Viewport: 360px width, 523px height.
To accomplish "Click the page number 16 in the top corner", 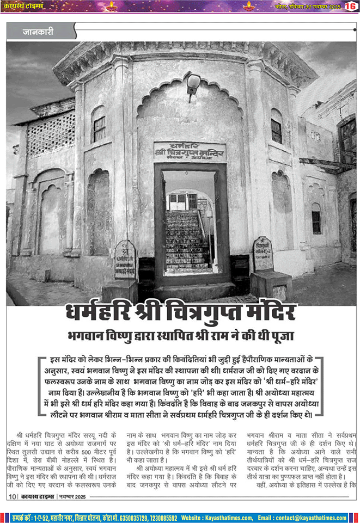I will pos(350,6).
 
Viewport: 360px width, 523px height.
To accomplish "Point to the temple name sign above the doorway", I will pos(190,152).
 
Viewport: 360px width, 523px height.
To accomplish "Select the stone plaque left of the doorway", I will pos(125,260).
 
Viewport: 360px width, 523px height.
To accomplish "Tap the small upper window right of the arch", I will pos(276,130).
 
